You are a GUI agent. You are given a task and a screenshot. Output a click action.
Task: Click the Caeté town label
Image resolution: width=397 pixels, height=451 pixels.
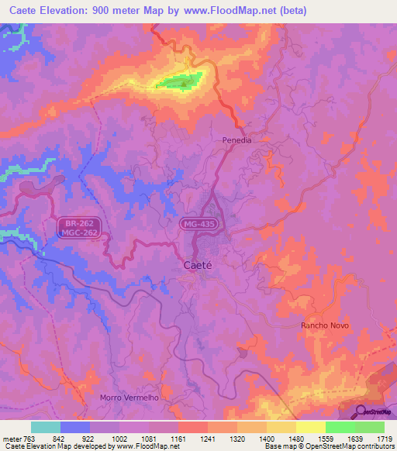(198, 265)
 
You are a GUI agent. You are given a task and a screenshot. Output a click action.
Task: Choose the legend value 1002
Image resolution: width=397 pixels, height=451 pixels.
(119, 439)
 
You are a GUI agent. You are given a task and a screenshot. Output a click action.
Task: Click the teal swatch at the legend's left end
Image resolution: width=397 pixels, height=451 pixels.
(46, 427)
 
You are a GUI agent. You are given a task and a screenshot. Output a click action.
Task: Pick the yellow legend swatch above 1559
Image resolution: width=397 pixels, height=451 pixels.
(310, 427)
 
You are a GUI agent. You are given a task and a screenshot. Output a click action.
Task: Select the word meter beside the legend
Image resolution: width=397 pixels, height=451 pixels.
(13, 439)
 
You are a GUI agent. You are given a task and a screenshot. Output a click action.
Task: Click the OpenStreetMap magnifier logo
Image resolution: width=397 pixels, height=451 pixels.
(362, 411)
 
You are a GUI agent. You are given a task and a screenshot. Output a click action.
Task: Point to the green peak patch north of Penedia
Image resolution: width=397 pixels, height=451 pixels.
(180, 80)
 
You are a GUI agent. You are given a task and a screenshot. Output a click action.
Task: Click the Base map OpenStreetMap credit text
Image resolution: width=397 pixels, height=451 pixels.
(328, 447)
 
